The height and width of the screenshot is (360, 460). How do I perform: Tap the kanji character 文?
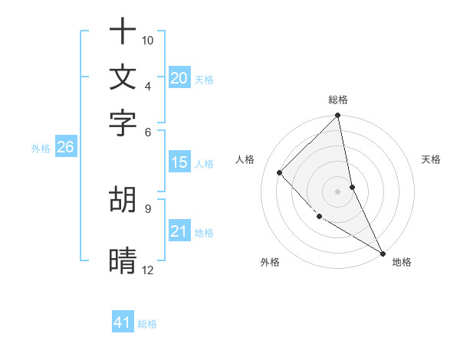coord(123,77)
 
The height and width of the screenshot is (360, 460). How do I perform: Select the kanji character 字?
coord(123,122)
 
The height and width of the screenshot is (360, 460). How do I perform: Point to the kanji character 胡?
coord(123,199)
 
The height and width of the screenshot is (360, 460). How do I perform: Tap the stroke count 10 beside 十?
coord(148,40)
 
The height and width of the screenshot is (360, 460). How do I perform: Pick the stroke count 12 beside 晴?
coord(148,270)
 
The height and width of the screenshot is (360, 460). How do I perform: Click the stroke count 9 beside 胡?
coord(147,208)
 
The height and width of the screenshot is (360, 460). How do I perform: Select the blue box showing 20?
coord(179,78)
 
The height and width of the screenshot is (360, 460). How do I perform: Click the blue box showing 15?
coord(179,162)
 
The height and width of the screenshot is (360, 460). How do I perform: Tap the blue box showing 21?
coord(179,231)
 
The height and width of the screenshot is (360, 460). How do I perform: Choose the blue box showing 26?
coord(65,147)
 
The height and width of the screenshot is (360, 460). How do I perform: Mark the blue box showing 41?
coord(123,322)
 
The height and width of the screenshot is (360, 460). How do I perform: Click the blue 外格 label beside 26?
coord(41,149)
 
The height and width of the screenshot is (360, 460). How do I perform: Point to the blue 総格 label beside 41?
coord(147,324)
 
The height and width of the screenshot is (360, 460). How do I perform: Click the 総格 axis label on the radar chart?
coord(338,100)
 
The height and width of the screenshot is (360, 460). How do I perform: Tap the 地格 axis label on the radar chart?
coord(402,262)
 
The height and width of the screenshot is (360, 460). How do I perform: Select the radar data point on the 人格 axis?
coord(280,172)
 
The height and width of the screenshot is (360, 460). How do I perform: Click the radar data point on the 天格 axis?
coord(353,187)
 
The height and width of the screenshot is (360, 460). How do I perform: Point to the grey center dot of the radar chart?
coord(338,191)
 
